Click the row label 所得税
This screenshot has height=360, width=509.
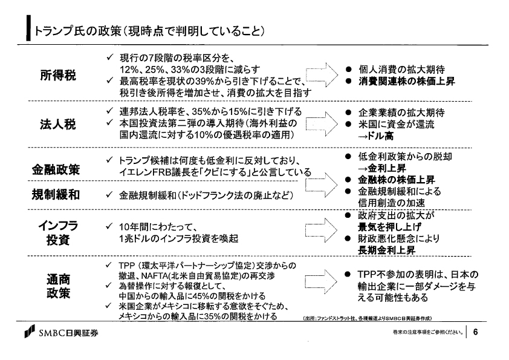click(58, 75)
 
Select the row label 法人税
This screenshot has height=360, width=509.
click(58, 124)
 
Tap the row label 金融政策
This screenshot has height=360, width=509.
click(56, 169)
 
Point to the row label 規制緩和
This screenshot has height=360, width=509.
click(56, 194)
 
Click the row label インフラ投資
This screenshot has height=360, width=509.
click(58, 232)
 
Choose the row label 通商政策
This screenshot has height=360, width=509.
click(58, 286)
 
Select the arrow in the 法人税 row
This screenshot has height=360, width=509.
click(322, 124)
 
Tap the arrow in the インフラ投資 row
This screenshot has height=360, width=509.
click(322, 230)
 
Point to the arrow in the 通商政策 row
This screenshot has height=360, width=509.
click(322, 281)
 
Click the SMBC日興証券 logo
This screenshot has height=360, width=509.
click(61, 332)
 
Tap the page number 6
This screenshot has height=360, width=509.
click(476, 332)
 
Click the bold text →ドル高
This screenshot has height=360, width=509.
click(375, 136)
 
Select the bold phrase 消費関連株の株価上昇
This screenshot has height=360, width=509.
click(406, 81)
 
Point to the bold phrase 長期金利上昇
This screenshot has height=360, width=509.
click(386, 250)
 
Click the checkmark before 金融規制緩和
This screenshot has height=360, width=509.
click(109, 195)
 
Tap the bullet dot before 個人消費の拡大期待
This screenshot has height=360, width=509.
click(349, 70)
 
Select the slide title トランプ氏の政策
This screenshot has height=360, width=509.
click(77, 31)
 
